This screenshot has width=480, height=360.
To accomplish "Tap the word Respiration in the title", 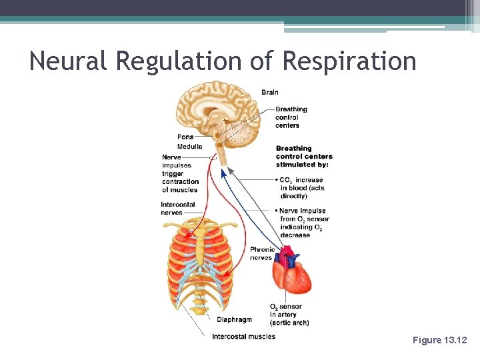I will tap(350, 61).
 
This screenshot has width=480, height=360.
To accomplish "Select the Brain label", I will tap(270, 93).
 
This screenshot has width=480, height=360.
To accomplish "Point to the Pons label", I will tap(185, 137).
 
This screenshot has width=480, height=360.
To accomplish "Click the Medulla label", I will tap(189, 147).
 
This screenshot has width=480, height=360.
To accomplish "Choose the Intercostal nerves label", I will tap(171, 209).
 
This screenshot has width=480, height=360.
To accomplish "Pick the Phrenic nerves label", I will tap(262, 253).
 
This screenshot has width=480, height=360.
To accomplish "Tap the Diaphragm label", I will tap(235, 319).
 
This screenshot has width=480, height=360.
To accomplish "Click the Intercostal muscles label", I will tap(243, 337).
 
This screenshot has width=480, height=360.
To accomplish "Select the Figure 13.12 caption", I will tap(440, 341).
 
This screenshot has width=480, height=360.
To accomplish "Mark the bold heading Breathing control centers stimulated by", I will tap(304, 156).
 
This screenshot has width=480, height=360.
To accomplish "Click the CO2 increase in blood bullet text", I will tap(302, 188).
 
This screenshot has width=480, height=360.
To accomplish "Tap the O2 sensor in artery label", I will tap(289, 315).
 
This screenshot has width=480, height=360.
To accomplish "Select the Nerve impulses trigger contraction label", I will tap(180, 173).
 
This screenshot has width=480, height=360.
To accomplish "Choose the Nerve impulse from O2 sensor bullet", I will tap(303, 223).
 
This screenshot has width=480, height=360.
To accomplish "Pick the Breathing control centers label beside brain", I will tap(291, 117).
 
